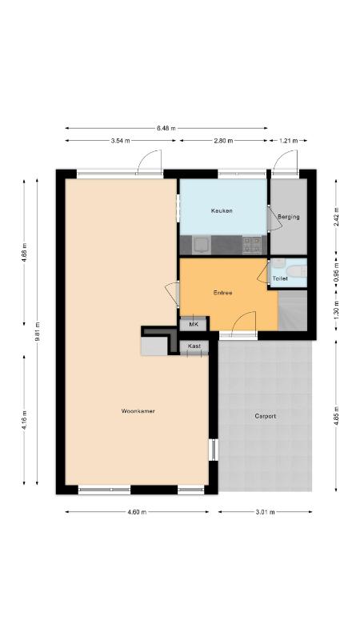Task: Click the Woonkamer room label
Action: (x=138, y=411)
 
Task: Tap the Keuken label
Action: (x=222, y=210)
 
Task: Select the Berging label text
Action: (x=289, y=217)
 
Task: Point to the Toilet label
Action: (x=280, y=278)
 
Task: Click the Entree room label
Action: (x=223, y=293)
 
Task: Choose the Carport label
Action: (x=266, y=416)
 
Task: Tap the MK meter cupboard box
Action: (x=194, y=324)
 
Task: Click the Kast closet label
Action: (x=194, y=346)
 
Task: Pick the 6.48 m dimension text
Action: (x=166, y=128)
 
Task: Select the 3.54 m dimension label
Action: (x=121, y=141)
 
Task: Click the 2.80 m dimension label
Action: (x=223, y=141)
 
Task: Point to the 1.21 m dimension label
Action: (x=288, y=141)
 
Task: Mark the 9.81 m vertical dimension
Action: (x=37, y=332)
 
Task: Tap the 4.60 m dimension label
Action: (x=137, y=512)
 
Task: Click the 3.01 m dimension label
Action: (x=266, y=512)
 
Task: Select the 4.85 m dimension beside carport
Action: (x=336, y=416)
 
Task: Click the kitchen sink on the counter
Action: (x=202, y=246)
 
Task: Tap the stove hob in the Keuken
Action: (x=251, y=246)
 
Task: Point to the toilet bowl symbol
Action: (x=294, y=271)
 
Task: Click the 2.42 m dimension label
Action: (x=336, y=217)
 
